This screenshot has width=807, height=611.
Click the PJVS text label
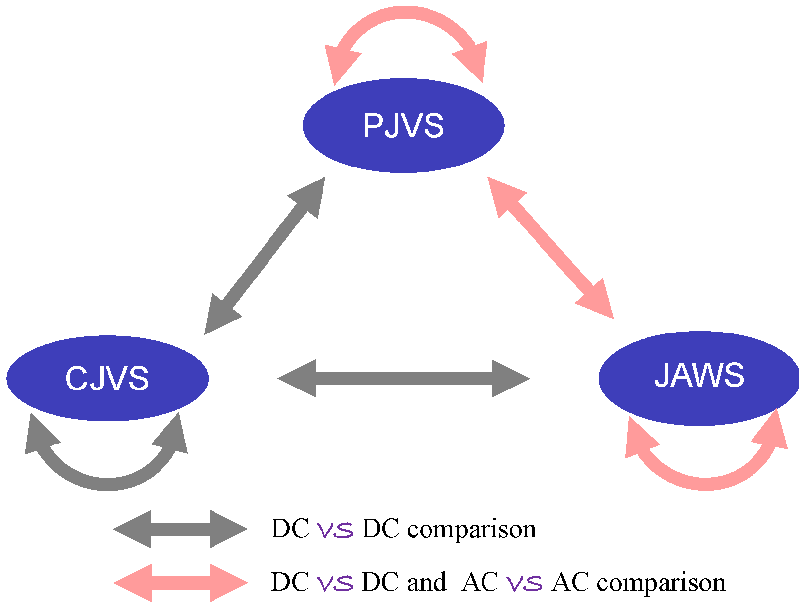pos(403,125)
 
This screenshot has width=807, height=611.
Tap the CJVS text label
pos(107,378)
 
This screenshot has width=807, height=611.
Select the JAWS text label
pos(699,375)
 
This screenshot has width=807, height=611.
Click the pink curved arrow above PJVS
pos(406,13)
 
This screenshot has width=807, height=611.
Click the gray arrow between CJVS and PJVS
pos(265,256)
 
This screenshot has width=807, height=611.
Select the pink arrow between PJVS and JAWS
pos(551,248)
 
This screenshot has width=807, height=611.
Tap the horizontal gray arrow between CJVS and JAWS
pos(403,378)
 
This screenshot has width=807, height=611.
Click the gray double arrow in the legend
pos(180,529)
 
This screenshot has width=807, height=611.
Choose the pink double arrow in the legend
pos(180,583)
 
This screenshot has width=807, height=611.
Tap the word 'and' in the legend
pos(427,582)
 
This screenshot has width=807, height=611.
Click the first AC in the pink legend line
pos(480,582)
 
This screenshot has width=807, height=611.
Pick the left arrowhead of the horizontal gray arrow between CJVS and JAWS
pos(296,378)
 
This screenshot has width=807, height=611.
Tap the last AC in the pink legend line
pos(570,582)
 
